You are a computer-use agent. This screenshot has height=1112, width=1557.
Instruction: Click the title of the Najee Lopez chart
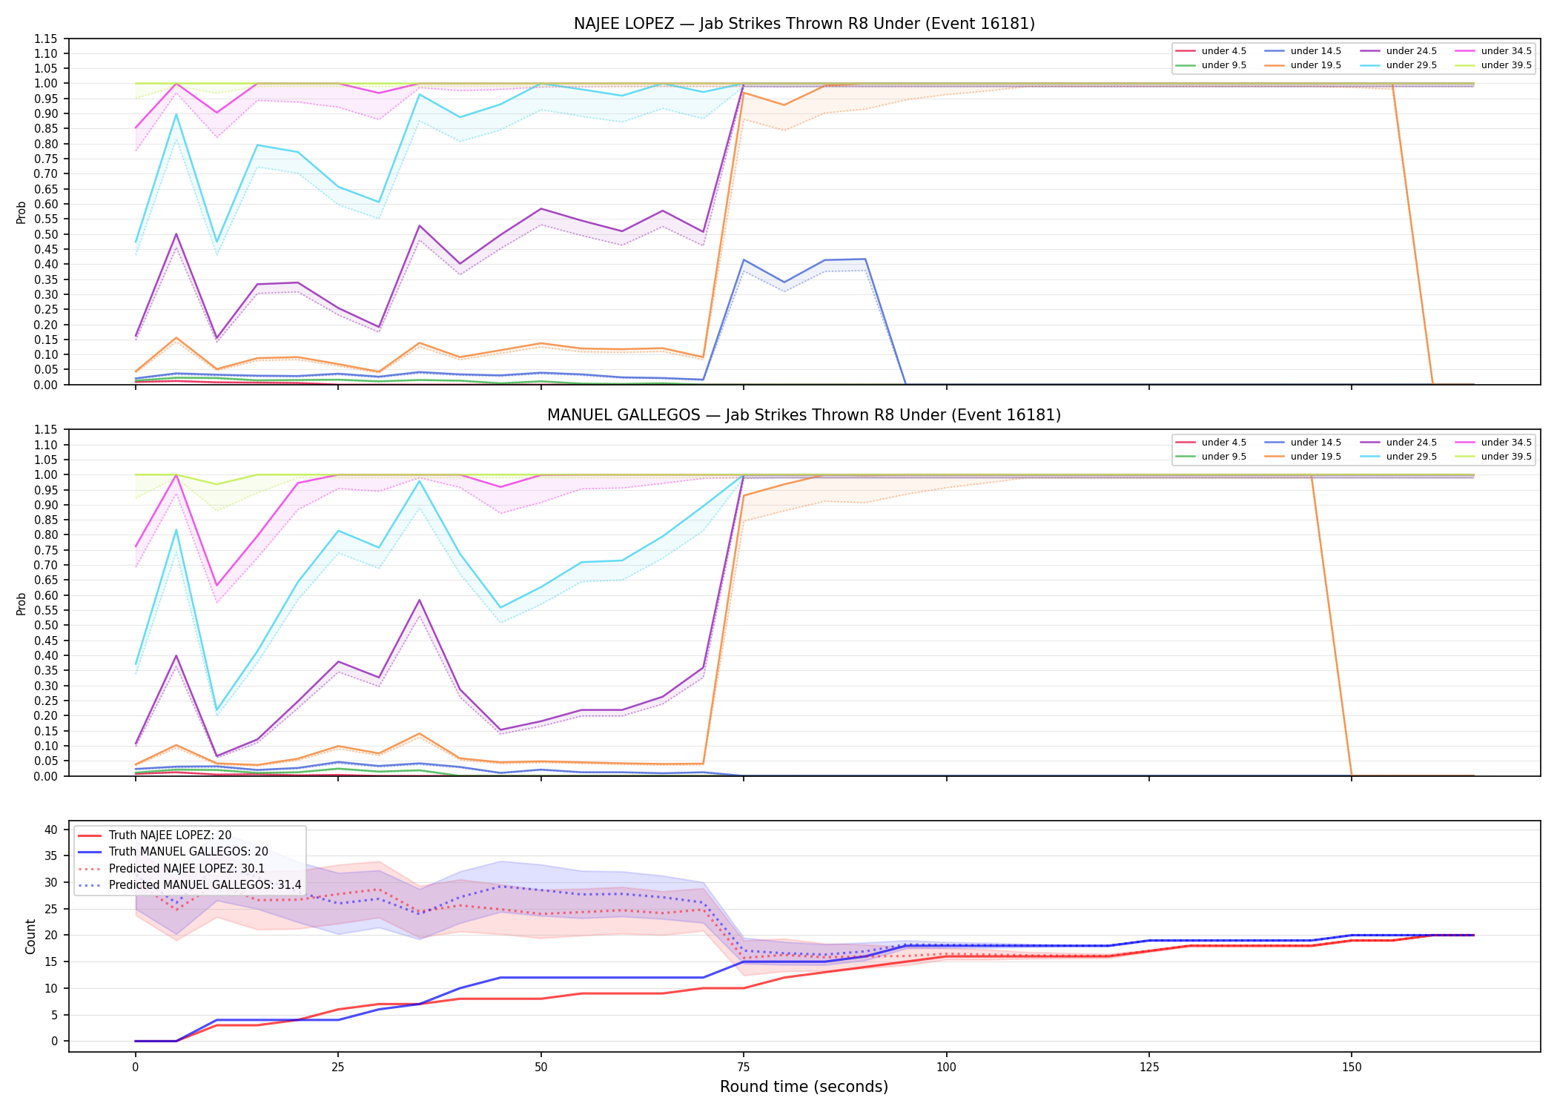tap(804, 24)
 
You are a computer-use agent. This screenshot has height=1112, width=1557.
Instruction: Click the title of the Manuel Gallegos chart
tap(804, 415)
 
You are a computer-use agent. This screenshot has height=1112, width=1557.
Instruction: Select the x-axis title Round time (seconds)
tap(804, 1087)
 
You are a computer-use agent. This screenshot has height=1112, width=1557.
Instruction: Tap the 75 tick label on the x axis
tap(744, 1068)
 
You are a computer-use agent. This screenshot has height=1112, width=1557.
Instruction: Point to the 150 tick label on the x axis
tap(1352, 1068)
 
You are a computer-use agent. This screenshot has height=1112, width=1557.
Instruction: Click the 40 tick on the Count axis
tap(51, 830)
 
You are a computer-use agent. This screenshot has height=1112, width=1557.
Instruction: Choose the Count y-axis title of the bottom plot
tap(30, 936)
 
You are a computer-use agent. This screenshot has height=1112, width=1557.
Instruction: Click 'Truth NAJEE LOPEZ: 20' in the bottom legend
tap(170, 835)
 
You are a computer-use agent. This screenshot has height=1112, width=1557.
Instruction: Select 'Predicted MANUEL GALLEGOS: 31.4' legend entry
tap(205, 885)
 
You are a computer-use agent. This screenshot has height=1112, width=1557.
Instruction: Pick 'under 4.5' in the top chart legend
tap(1224, 51)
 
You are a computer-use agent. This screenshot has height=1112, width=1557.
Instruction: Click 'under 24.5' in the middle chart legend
tap(1412, 443)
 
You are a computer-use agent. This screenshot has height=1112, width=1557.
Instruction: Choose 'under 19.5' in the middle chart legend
tap(1316, 457)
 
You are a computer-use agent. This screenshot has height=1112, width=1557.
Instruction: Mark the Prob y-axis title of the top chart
tap(22, 212)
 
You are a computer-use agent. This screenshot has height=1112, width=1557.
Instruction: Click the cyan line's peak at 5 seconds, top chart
tap(176, 113)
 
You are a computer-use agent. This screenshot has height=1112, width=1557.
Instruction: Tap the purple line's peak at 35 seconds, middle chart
tap(420, 600)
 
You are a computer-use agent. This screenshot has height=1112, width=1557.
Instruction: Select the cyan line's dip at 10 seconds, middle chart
tap(216, 710)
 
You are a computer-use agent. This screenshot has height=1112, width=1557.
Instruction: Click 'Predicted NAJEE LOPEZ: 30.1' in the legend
tap(187, 869)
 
